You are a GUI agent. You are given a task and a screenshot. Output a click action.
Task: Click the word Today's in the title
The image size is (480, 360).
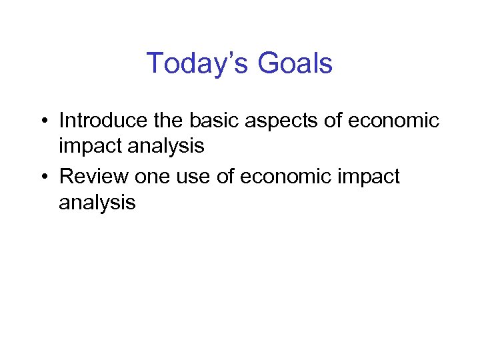click(193, 64)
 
